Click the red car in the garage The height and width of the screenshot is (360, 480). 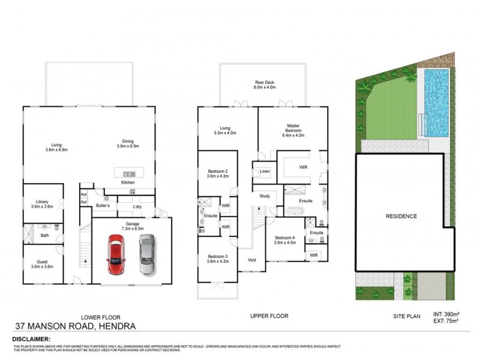coord(115,254)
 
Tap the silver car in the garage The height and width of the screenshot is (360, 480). coord(146,254)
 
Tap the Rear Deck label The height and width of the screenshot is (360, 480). coord(263,83)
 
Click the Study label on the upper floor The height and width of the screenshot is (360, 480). coord(265,196)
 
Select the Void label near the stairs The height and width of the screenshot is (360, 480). coord(251,260)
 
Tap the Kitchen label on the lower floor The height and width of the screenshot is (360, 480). coord(128,182)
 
